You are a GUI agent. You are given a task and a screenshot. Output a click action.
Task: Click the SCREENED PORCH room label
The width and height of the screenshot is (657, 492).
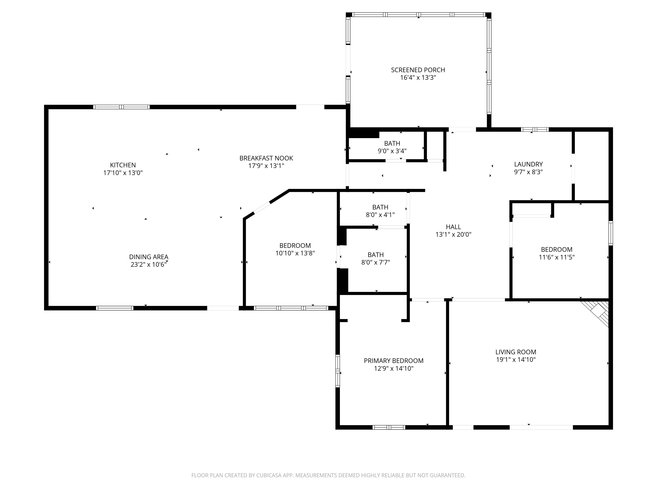point(418,70)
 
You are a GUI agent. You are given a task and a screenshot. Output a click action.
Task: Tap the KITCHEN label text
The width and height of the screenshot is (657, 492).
point(123,165)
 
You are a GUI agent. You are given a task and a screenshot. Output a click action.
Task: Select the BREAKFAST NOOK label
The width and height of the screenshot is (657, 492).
point(266,158)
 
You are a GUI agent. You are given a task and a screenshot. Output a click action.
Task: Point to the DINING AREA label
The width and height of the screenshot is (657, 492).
point(148,257)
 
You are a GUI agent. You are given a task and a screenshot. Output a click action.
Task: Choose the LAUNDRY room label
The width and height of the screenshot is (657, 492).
point(528,164)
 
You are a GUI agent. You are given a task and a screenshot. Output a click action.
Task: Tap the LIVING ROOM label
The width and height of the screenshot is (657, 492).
point(516,352)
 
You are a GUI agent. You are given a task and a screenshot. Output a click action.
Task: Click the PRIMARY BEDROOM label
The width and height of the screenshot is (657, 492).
point(394,361)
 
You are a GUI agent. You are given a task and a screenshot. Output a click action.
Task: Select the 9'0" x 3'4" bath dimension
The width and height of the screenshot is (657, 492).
point(392,151)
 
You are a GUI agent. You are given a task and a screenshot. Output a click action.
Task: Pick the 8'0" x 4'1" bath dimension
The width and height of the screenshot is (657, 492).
point(380,215)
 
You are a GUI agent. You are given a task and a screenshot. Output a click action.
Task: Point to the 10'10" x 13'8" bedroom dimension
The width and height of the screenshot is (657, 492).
point(295,253)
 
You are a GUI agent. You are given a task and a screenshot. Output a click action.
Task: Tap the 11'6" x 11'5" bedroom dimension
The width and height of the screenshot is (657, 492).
point(557,257)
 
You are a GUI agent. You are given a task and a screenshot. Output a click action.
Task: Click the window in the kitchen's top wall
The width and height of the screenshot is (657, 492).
point(121,107)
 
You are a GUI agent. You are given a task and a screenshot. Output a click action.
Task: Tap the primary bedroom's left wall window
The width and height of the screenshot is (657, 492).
point(338,371)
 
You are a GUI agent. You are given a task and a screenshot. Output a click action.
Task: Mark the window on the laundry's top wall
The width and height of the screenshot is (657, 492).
point(535,129)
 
